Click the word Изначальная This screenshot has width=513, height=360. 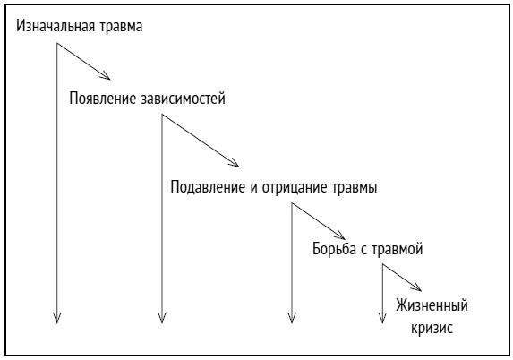coord(56,26)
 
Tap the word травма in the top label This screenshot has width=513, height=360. coord(121,27)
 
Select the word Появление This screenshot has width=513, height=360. coord(103,99)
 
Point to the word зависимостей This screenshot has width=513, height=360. coord(184,99)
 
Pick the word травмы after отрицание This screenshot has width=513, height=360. coord(355,188)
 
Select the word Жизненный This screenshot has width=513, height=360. coord(432,305)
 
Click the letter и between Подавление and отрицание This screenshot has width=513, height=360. coord(254,189)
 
